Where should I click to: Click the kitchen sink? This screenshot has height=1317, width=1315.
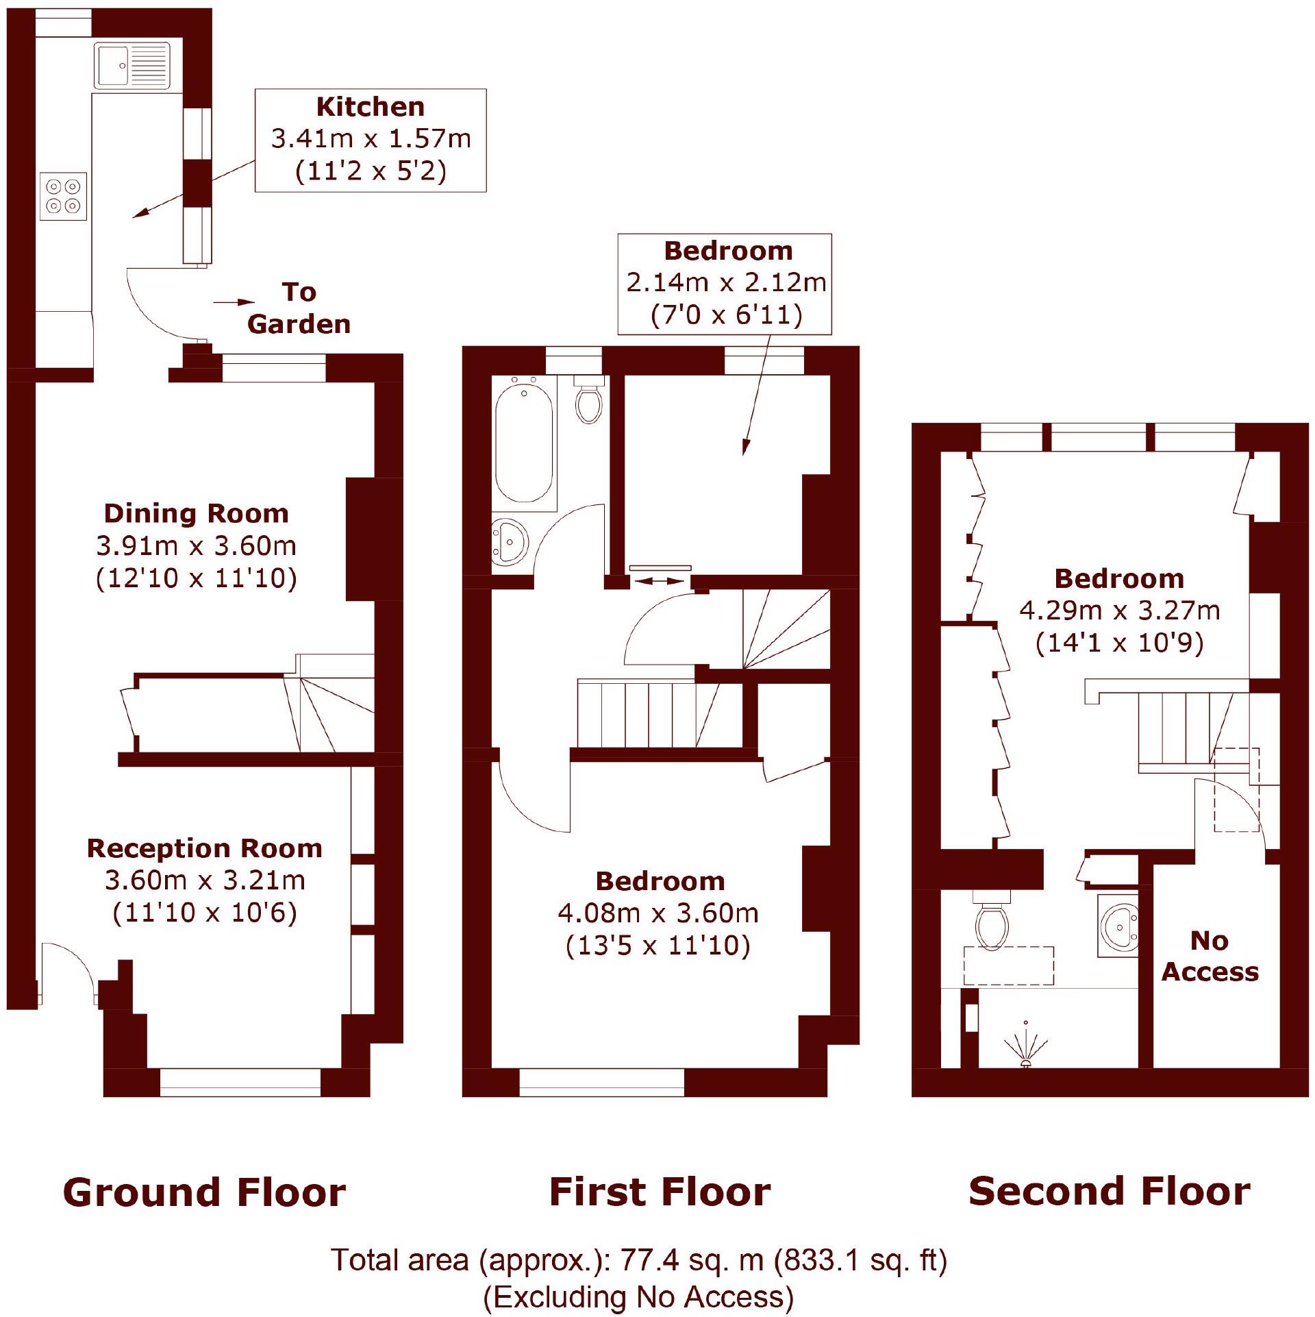[131, 66]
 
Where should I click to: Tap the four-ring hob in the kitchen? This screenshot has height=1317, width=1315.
[64, 196]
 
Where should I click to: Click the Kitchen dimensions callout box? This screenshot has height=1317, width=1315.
[370, 140]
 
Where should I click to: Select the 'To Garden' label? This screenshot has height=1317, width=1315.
[299, 308]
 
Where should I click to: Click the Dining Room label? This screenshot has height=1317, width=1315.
[197, 513]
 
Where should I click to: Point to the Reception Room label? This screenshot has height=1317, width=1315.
[204, 848]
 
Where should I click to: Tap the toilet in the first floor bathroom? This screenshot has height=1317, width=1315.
[589, 402]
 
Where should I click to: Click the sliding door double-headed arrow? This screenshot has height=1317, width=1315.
[660, 581]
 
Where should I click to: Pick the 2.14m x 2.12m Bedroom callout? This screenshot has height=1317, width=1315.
[725, 284]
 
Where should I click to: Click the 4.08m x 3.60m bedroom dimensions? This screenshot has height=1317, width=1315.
[658, 913]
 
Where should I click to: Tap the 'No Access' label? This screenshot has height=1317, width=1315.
[1210, 956]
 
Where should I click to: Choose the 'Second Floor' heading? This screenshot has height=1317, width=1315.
[1109, 1191]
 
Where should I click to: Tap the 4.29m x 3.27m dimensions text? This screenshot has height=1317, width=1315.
[1119, 610]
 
